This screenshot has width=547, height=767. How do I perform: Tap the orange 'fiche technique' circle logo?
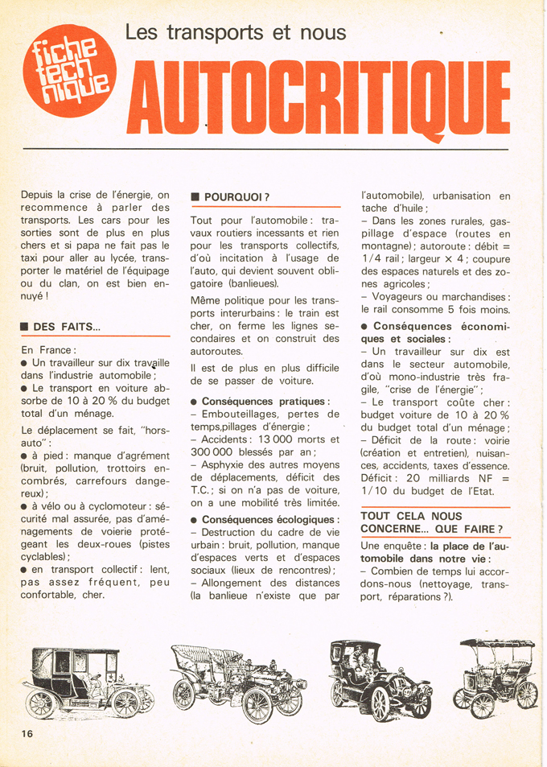pos(68,71)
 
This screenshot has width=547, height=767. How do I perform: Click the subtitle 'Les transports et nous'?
pos(236,32)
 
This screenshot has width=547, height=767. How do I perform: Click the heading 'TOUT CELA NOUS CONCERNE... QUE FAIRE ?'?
pos(432,522)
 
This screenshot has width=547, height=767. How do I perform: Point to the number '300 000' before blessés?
pos(216,453)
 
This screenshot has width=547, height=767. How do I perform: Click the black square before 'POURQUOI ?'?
pos(195,196)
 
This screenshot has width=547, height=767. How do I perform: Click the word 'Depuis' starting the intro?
pos(39,194)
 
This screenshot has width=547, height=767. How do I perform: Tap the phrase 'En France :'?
pos(48,350)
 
